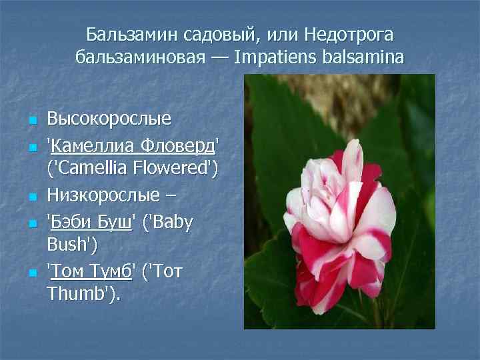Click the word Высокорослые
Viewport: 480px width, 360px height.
(109, 120)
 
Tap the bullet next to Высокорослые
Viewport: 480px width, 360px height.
(31, 121)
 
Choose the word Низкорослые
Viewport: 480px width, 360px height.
(104, 196)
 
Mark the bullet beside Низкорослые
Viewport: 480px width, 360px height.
(31, 197)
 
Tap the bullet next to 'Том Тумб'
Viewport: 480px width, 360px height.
(31, 273)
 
